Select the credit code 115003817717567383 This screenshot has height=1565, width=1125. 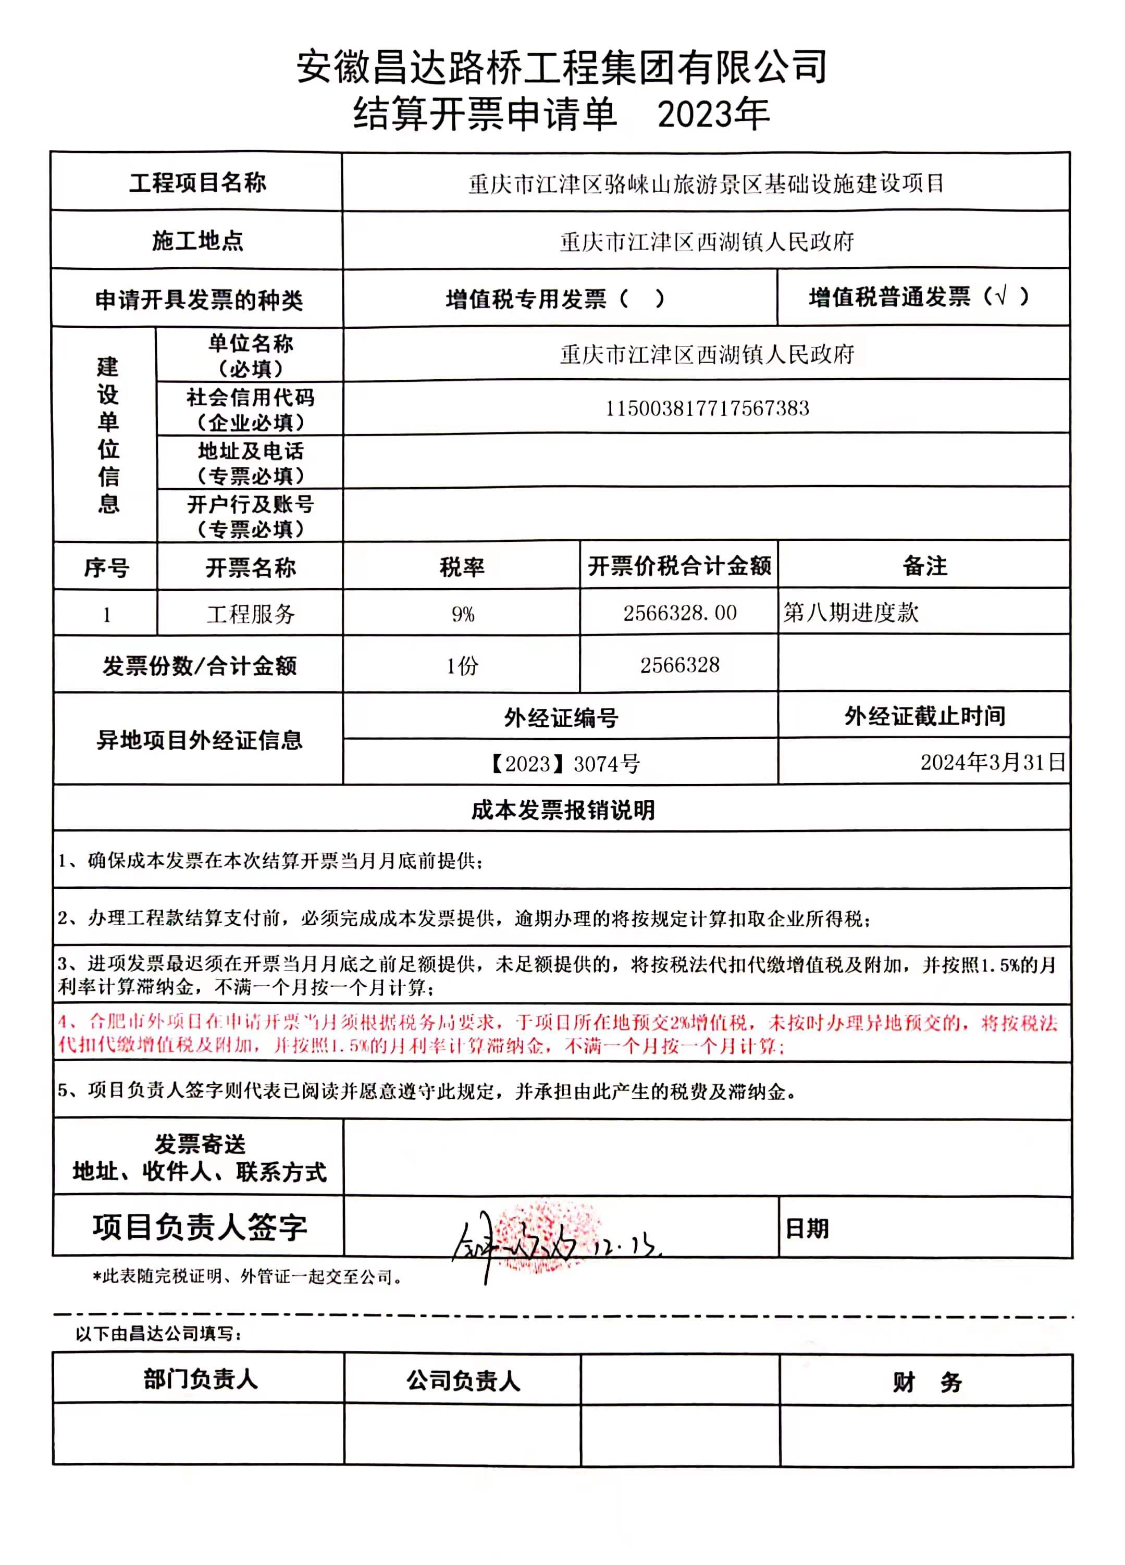707,408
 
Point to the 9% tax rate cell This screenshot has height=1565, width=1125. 462,613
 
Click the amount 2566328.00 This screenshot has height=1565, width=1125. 680,613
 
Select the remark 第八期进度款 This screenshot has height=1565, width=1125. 850,612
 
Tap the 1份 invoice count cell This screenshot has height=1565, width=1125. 462,665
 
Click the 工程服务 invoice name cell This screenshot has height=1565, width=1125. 251,613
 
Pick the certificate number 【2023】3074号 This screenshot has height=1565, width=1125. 564,763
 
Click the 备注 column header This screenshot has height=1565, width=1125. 925,566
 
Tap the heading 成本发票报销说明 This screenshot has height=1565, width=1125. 563,810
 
